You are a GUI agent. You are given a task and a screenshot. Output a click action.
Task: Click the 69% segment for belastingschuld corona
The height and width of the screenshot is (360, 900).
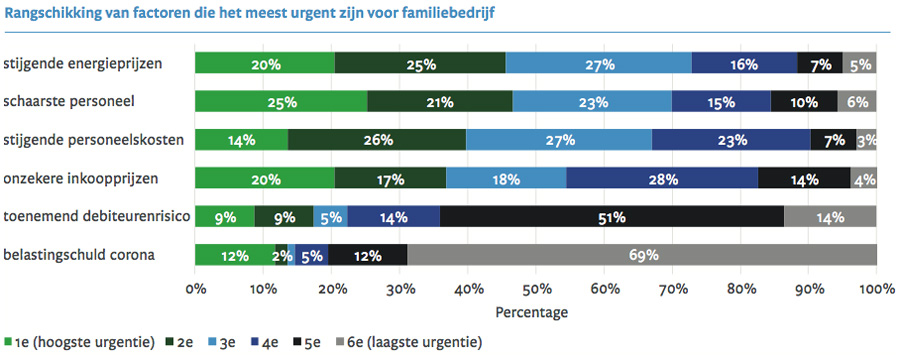[642, 255]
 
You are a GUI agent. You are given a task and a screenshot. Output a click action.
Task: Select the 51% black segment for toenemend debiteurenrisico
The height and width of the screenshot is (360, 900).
[611, 217]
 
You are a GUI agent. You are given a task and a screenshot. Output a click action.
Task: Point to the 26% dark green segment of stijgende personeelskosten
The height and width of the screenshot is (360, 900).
[377, 140]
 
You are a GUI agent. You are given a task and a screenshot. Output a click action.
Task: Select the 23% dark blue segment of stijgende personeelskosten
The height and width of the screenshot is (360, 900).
[731, 140]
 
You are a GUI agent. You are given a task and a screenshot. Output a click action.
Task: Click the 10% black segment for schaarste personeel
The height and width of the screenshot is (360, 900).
[804, 101]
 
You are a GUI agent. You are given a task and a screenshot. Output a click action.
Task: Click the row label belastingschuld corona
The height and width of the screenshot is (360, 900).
[80, 255]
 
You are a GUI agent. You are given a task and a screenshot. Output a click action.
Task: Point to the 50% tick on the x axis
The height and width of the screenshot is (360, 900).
[536, 290]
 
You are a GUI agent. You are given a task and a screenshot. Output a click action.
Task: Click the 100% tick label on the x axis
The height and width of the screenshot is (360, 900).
[877, 290]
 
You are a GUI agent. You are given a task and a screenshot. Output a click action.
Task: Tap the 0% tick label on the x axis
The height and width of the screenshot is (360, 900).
[196, 290]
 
